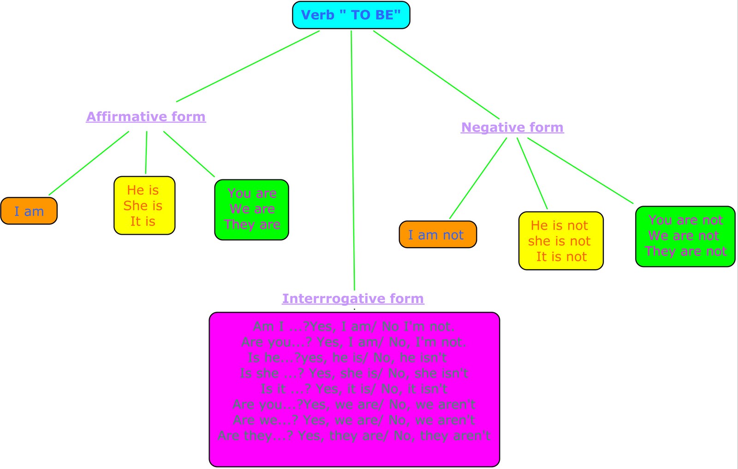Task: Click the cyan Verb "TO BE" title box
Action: (351, 15)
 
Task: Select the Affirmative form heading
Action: (146, 117)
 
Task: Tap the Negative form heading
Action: (512, 127)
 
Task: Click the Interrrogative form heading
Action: (353, 299)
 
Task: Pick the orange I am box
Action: (29, 211)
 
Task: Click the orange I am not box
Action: (437, 235)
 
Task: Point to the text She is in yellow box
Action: (143, 206)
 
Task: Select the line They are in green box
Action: (252, 225)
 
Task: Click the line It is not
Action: (561, 257)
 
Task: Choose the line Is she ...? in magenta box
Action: (354, 373)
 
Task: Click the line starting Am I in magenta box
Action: (354, 327)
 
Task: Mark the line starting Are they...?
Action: (354, 435)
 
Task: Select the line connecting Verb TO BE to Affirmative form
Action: (248, 66)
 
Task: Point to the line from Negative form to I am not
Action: (478, 178)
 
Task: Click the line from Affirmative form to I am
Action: (89, 163)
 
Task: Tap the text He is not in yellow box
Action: (559, 226)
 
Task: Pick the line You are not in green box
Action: (685, 220)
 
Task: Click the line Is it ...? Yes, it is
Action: (354, 389)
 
